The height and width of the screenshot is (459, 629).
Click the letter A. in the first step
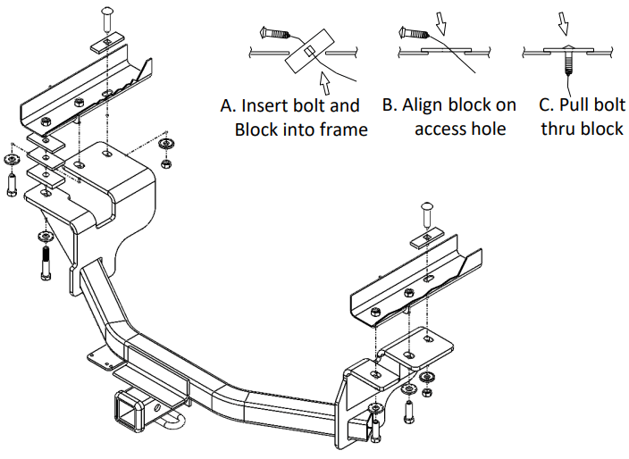click(230, 105)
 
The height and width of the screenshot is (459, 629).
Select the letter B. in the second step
click(390, 105)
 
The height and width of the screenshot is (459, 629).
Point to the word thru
click(557, 129)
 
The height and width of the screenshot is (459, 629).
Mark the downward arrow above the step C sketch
click(564, 19)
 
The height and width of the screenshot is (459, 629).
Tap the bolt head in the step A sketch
click(267, 33)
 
